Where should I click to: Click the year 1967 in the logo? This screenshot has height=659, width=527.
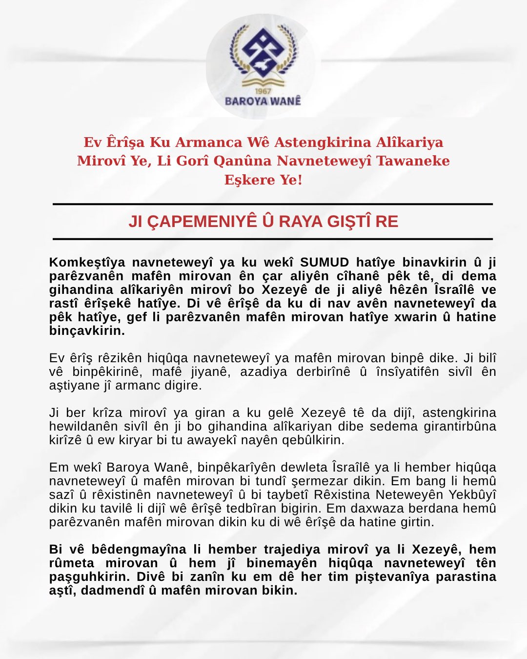click(x=263, y=91)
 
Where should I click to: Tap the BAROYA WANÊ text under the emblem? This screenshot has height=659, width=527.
click(x=263, y=101)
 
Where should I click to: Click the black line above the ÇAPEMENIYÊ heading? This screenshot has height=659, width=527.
click(x=272, y=204)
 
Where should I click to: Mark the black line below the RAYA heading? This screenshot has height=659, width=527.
click(x=272, y=239)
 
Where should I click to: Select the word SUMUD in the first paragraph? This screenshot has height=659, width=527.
click(x=324, y=262)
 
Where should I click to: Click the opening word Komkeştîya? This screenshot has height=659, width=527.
click(x=87, y=262)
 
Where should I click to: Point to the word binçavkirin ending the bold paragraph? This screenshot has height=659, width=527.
click(x=87, y=330)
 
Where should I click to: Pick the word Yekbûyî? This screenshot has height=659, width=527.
click(x=472, y=494)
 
